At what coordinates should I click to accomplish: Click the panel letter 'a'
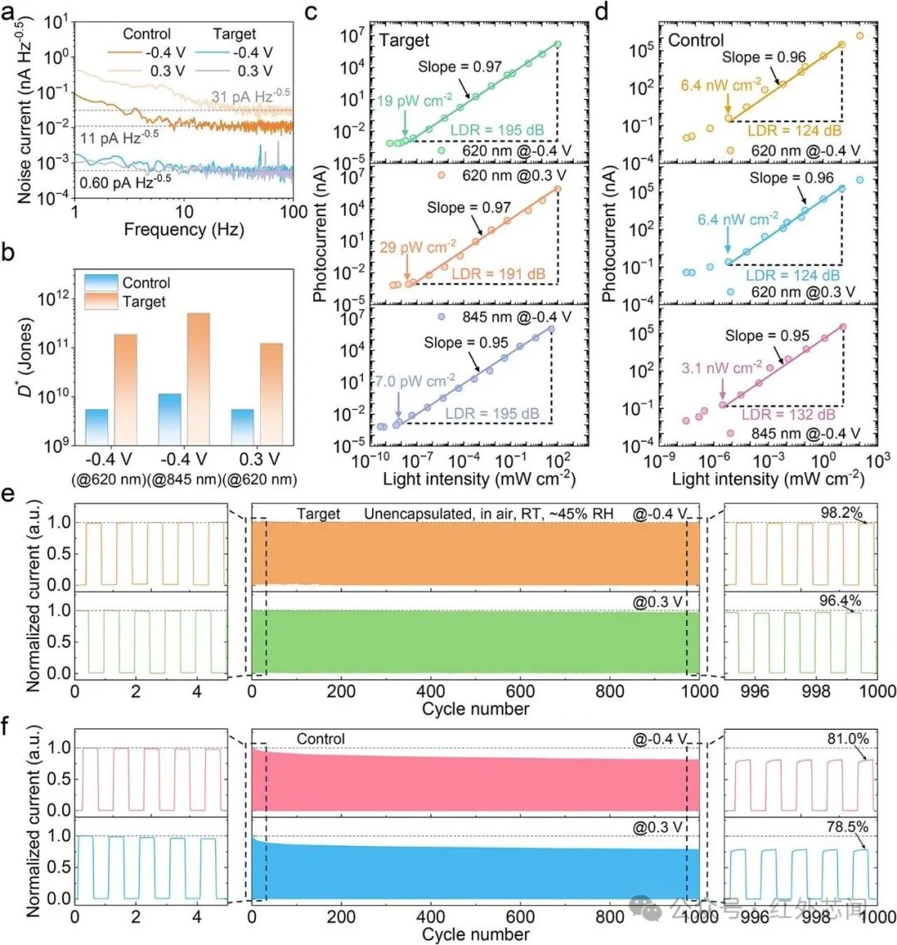(7, 12)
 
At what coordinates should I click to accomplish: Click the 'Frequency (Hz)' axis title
(184, 229)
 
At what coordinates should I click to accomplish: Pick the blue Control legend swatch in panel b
(100, 282)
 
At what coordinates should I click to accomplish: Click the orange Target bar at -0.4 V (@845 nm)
(199, 379)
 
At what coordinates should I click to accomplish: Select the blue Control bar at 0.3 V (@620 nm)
(243, 427)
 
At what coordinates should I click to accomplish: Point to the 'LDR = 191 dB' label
(498, 274)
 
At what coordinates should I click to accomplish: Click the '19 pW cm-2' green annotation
(414, 100)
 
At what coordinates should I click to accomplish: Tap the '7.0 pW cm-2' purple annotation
(415, 381)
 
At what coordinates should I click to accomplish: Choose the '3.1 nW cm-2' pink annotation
(722, 367)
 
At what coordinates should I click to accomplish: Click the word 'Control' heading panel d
(696, 41)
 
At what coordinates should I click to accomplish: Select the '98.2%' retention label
(841, 513)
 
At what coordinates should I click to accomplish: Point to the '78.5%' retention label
(847, 826)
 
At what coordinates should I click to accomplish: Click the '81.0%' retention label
(848, 738)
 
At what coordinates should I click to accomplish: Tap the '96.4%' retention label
(840, 601)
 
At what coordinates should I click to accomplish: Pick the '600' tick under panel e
(520, 692)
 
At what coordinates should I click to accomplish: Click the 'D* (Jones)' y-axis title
(25, 357)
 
